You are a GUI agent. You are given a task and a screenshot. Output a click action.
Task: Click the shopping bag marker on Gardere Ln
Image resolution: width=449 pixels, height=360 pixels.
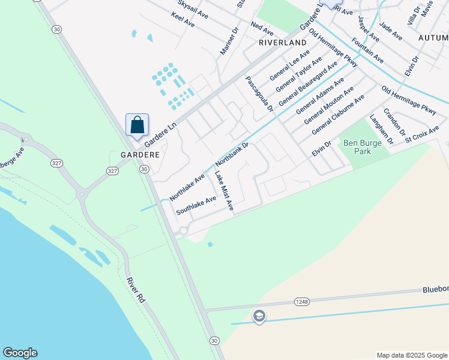[137, 125]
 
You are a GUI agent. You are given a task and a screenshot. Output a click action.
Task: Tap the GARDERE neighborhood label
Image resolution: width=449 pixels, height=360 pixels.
[139, 154]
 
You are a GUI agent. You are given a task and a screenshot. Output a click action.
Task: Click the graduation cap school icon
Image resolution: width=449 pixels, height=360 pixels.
[259, 316]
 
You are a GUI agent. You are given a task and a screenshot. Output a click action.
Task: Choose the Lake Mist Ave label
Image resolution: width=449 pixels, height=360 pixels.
[224, 191]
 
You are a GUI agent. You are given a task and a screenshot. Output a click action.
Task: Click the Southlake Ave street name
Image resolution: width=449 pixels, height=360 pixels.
[196, 206]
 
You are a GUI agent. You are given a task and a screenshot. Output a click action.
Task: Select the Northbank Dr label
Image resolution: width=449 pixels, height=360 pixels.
[232, 154]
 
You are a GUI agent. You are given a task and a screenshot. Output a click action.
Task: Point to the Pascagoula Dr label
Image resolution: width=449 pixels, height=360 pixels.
[259, 94]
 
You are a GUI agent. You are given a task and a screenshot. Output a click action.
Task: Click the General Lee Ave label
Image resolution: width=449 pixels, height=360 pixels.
[289, 66]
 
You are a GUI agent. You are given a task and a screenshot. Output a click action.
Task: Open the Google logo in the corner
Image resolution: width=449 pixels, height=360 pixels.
[20, 353]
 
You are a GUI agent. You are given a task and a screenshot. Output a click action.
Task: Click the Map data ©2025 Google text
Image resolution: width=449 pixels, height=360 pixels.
[411, 355]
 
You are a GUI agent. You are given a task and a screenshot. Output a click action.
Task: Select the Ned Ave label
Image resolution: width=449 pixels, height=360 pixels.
[262, 28]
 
